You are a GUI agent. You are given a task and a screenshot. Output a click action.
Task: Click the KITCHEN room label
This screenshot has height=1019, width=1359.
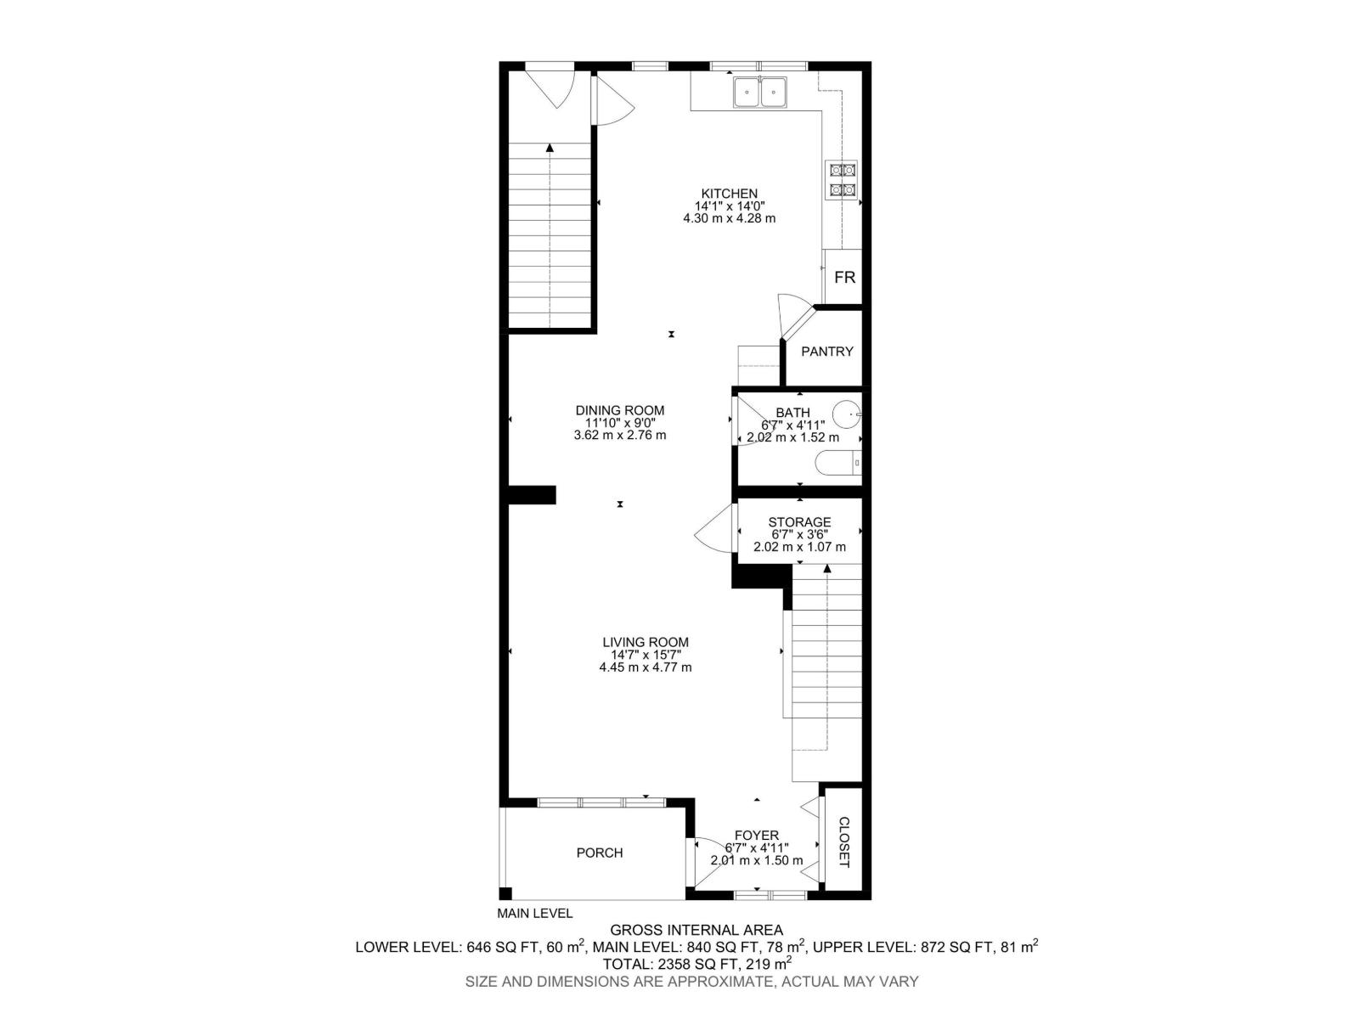coord(729,194)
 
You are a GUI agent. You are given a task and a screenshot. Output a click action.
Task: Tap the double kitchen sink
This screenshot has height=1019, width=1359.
coord(760,91)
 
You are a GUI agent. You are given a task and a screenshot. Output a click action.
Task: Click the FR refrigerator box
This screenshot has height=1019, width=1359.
coord(844,278)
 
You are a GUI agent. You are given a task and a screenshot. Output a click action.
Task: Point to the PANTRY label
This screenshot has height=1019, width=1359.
coord(826,352)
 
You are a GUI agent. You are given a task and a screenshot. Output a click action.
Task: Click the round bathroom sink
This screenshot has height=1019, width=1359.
coord(846,415)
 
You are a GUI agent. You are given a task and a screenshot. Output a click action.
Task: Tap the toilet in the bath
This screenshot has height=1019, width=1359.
coord(837,464)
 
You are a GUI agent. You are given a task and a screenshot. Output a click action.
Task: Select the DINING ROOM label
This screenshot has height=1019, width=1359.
coord(620,411)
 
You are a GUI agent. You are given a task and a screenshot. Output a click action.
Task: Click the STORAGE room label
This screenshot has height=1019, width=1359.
coord(799,522)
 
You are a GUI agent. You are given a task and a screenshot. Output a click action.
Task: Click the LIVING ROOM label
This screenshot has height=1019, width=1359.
coord(646,643)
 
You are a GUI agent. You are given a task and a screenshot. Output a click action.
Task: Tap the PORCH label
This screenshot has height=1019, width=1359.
coord(600,853)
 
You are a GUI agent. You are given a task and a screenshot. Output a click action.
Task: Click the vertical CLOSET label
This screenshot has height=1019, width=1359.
coord(844,842)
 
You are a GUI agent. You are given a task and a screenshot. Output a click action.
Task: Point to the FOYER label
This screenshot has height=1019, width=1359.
coord(756,836)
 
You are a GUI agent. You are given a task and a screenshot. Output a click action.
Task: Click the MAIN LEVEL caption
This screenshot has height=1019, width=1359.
coord(535,914)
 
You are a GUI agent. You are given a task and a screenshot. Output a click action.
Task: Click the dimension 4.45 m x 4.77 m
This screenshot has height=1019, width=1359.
coord(646,667)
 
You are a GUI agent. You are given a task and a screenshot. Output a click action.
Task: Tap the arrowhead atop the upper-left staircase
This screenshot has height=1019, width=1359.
coord(550,148)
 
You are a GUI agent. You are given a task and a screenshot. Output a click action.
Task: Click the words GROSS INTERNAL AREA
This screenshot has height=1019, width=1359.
coord(696,930)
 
